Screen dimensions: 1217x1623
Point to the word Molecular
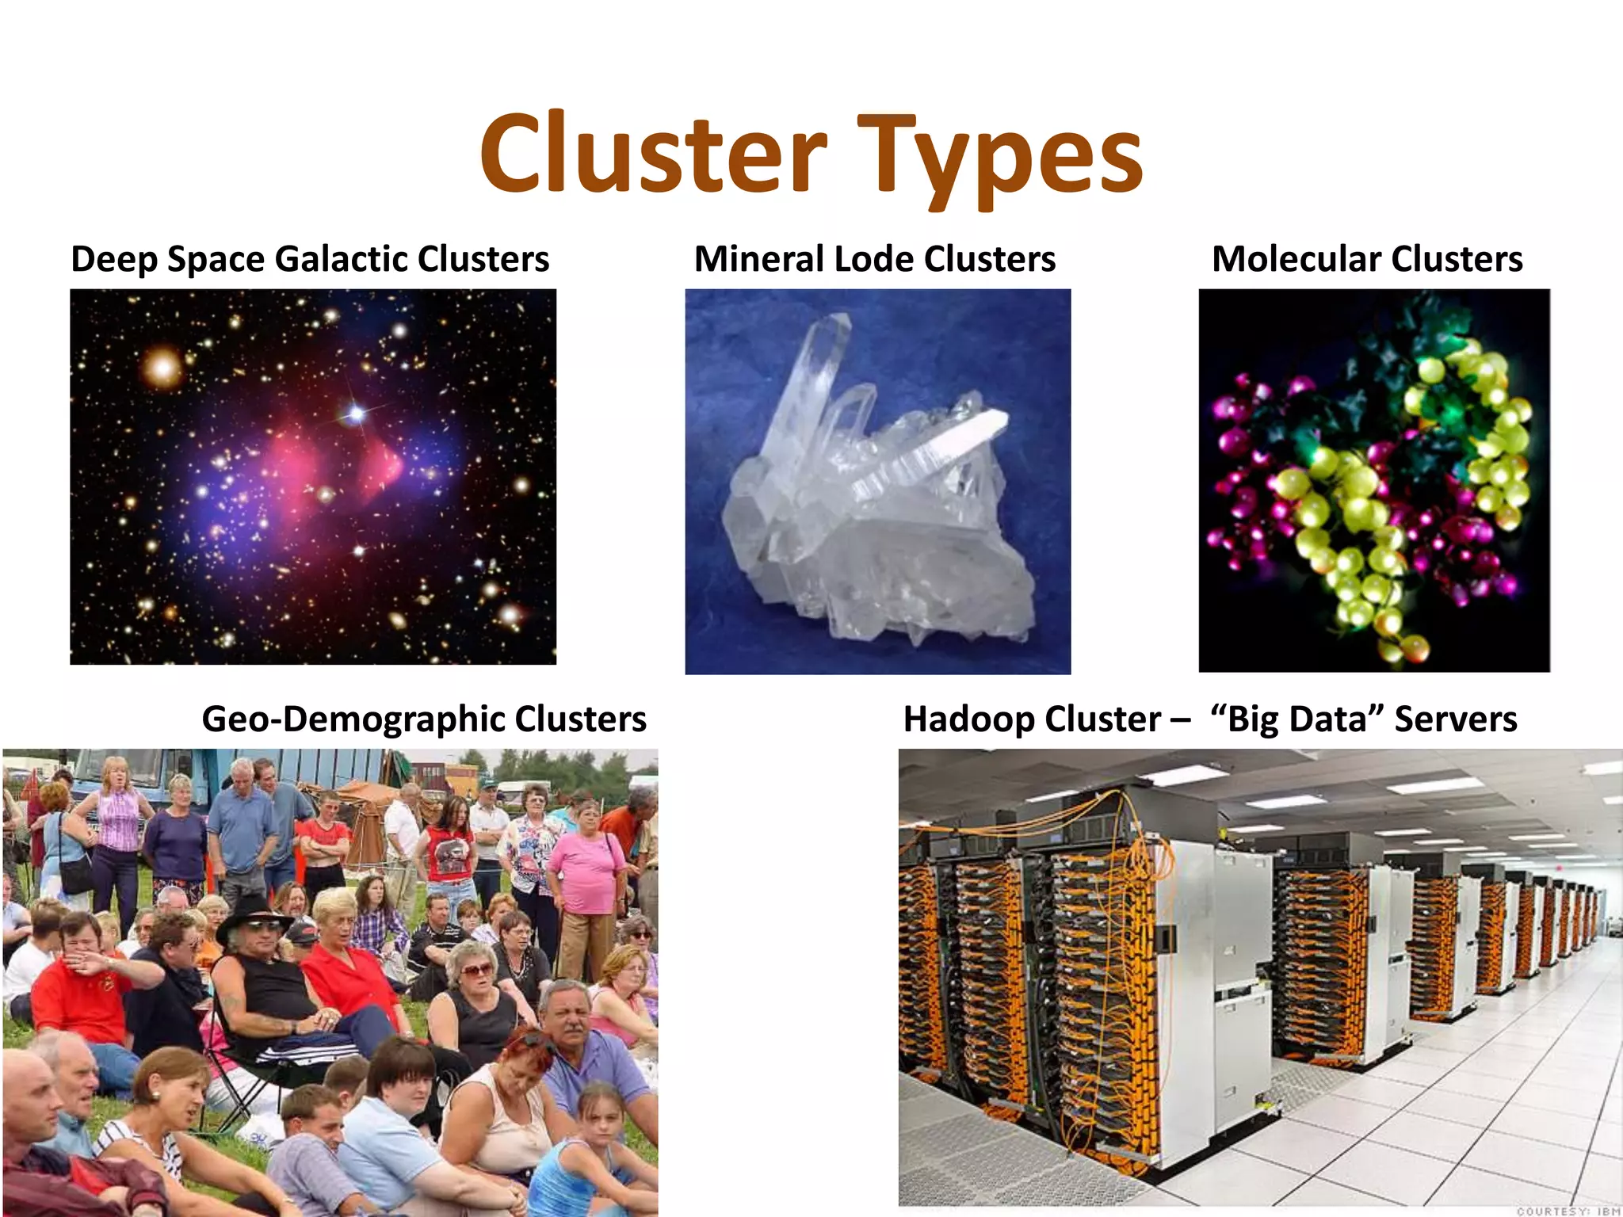1296,259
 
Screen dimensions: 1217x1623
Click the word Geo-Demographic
353,719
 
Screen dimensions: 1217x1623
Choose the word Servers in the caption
1455,719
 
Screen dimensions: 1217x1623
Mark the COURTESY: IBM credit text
1568,1211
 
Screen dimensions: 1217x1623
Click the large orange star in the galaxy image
164,367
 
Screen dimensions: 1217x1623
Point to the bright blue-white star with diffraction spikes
357,413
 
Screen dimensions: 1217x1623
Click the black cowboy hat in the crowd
253,914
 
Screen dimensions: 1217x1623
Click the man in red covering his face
79,982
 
